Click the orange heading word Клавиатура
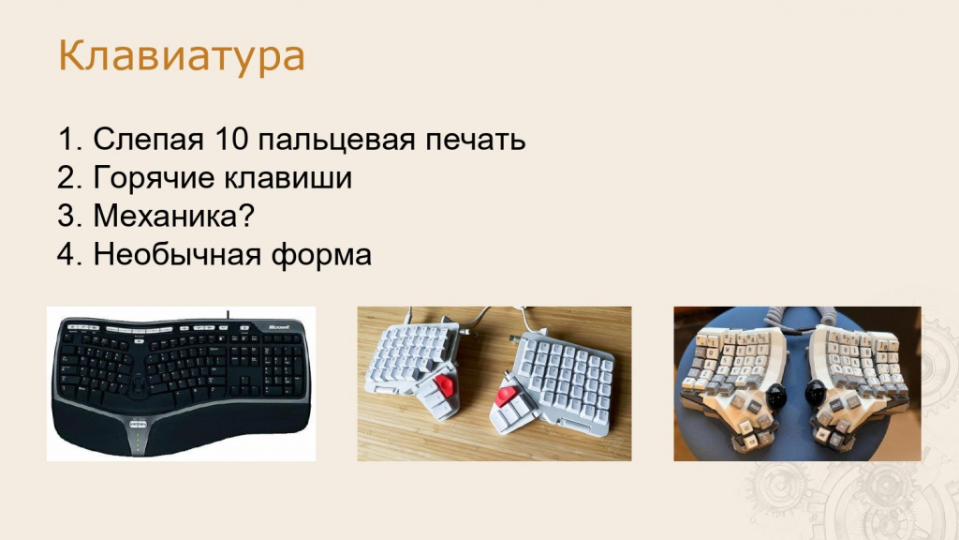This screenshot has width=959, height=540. [x=181, y=56]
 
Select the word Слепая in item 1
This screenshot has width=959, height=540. [x=148, y=140]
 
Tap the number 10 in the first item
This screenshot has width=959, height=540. [x=230, y=139]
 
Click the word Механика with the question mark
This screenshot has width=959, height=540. [x=173, y=217]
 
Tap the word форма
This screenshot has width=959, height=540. [x=322, y=255]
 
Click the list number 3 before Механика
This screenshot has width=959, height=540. [x=66, y=217]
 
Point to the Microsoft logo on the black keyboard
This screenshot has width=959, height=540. [x=280, y=328]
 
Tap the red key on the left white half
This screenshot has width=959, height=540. [x=445, y=386]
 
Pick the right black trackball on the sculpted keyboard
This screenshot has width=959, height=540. [x=817, y=393]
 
